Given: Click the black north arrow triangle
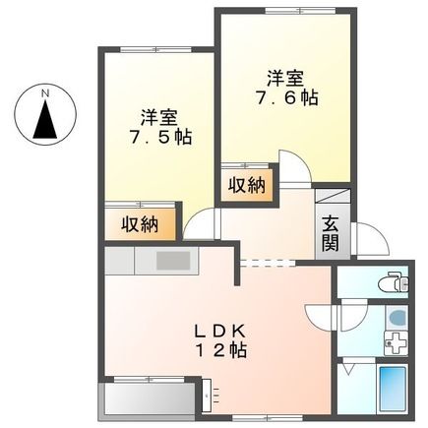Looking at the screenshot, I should tap(44, 122).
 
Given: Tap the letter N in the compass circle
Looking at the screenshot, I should tap(44, 93).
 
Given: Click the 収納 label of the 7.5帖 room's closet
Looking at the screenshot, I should tap(141, 224).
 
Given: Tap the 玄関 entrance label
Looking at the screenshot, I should tap(328, 234).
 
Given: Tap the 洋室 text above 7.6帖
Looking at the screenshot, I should tap(283, 77).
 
